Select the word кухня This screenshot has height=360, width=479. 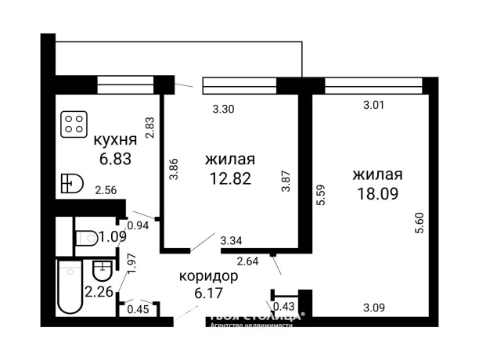[116, 140]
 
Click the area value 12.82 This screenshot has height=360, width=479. [230, 178]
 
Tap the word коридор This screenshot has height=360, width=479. [208, 277]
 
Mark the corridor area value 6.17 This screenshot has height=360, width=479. [208, 295]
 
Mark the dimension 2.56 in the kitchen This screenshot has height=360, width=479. [107, 189]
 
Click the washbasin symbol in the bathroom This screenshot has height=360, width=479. [101, 271]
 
